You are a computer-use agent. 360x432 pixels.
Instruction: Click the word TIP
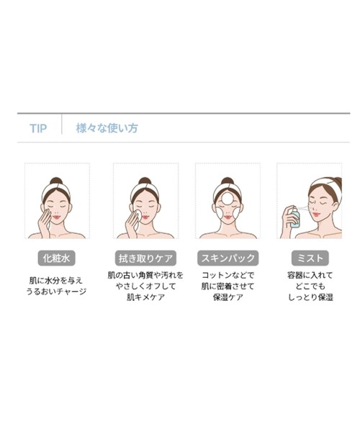[38, 129]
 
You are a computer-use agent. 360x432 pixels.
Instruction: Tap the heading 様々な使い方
[107, 129]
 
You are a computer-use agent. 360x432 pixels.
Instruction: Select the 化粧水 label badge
[57, 257]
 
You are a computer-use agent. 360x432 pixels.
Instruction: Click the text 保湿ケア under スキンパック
[226, 297]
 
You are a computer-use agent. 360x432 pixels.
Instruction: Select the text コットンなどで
[226, 275]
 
